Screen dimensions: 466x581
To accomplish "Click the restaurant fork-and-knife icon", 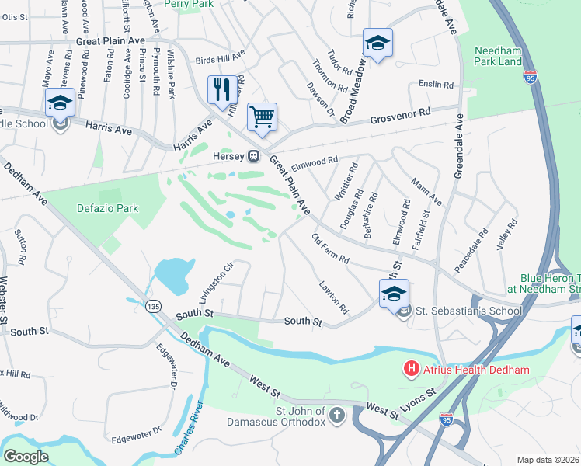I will [x=222, y=90].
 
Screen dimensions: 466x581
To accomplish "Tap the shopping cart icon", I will [x=263, y=117].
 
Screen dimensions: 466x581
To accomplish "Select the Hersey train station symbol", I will [x=253, y=156].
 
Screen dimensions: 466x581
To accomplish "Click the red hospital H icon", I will [x=411, y=370].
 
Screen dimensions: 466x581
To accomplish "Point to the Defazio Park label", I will [x=107, y=207].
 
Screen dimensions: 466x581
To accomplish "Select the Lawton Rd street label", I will [x=333, y=298].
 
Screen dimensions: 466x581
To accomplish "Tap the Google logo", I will [x=26, y=457].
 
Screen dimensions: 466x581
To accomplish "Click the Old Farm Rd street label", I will [x=329, y=248].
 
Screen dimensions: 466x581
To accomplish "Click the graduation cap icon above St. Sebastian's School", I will [x=394, y=294].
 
